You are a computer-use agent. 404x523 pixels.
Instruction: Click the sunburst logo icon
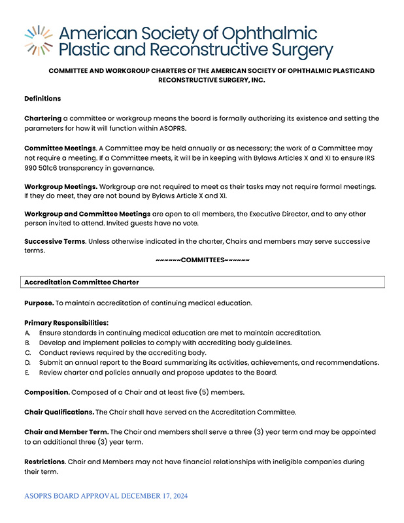39,41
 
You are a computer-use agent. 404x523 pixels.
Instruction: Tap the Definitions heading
42,99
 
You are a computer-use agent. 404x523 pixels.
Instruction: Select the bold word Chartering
42,118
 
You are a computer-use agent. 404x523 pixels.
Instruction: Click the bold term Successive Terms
54,241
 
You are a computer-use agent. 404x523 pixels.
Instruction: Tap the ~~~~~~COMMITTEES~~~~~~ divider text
203,260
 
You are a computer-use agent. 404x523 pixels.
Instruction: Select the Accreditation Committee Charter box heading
82,282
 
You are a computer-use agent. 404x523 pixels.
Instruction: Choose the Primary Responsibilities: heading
66,322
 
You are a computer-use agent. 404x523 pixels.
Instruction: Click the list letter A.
27,333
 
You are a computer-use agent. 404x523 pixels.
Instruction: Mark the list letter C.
27,352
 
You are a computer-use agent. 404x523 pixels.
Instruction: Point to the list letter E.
27,373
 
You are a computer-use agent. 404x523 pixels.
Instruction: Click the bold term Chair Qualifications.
59,412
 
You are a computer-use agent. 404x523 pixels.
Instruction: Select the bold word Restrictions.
44,462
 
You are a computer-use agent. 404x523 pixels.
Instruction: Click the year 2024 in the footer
177,497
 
